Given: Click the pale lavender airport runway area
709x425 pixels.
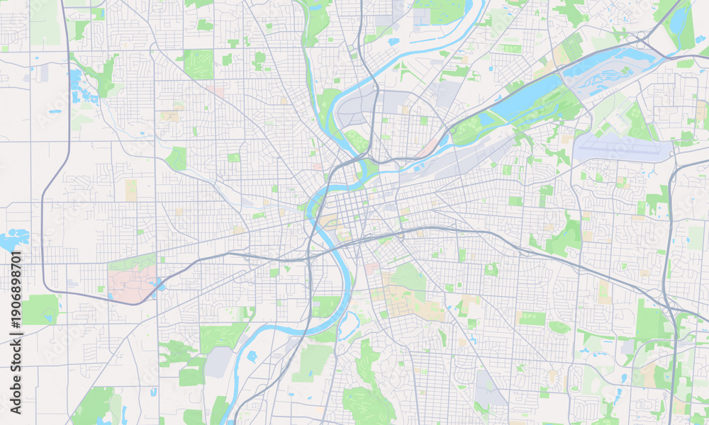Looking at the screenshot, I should point(621,148).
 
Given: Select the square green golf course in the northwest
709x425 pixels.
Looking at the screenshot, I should point(198,64).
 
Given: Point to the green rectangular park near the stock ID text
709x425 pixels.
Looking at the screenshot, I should point(40,309).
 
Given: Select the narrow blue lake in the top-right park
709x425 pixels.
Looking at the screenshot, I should point(679,21).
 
